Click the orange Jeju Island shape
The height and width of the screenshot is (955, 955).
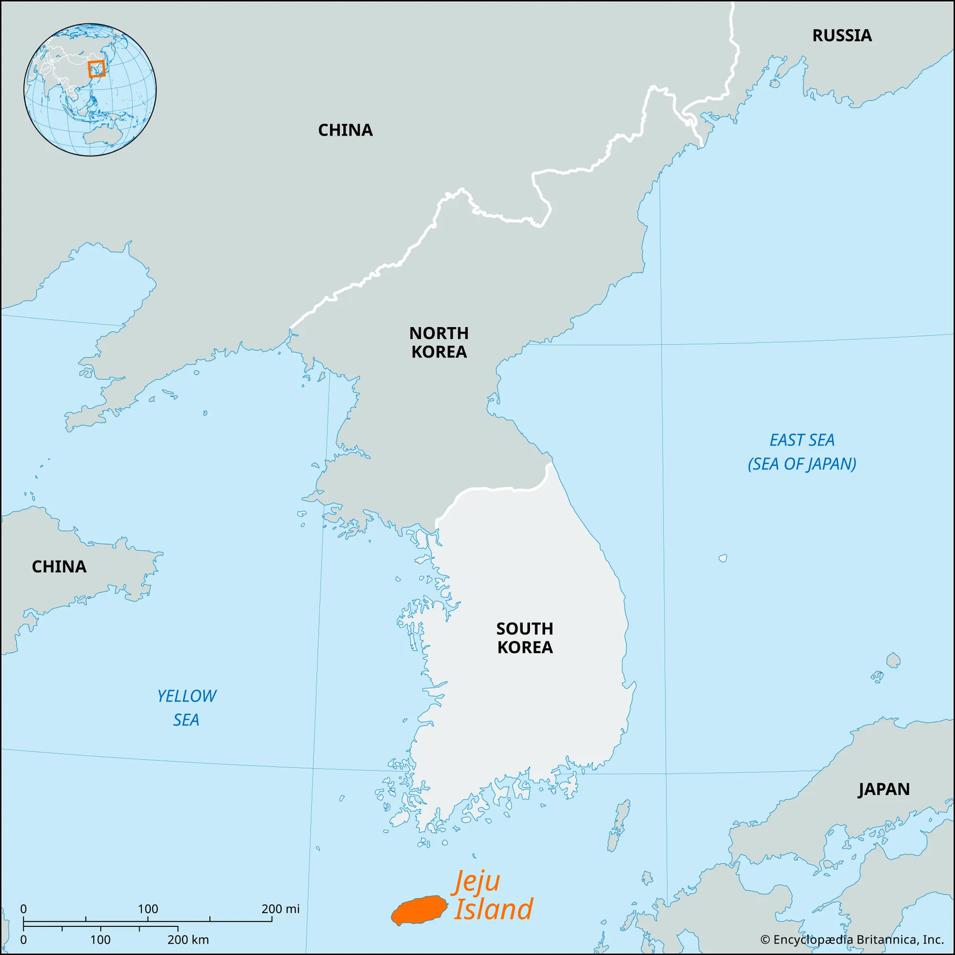click(420, 910)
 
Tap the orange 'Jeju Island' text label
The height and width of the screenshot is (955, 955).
click(492, 896)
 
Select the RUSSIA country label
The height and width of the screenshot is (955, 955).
click(842, 36)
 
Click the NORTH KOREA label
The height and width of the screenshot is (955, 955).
click(439, 342)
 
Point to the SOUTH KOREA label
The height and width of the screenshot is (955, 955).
click(525, 637)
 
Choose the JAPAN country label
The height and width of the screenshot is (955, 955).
click(884, 789)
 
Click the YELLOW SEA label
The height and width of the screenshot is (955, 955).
click(186, 708)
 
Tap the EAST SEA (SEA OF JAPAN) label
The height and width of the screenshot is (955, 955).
click(802, 452)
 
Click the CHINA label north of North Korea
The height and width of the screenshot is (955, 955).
click(345, 130)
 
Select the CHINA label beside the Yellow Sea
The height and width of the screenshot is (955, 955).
click(59, 566)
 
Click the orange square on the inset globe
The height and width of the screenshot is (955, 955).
click(96, 69)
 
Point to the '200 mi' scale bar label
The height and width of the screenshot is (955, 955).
click(281, 909)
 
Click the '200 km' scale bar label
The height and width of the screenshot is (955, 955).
click(188, 939)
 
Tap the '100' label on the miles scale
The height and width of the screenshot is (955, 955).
click(148, 909)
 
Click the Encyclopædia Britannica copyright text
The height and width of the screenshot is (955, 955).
click(852, 939)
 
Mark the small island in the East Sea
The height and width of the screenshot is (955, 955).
click(723, 558)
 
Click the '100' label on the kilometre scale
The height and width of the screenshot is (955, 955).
click(100, 939)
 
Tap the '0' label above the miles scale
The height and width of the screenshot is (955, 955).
click(23, 909)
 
